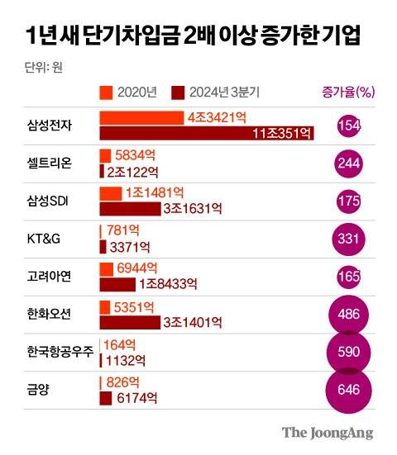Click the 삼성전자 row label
(50, 126)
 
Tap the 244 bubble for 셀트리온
(349, 164)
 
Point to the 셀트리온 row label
(50, 164)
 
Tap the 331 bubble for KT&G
(349, 239)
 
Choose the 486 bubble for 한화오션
(349, 315)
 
